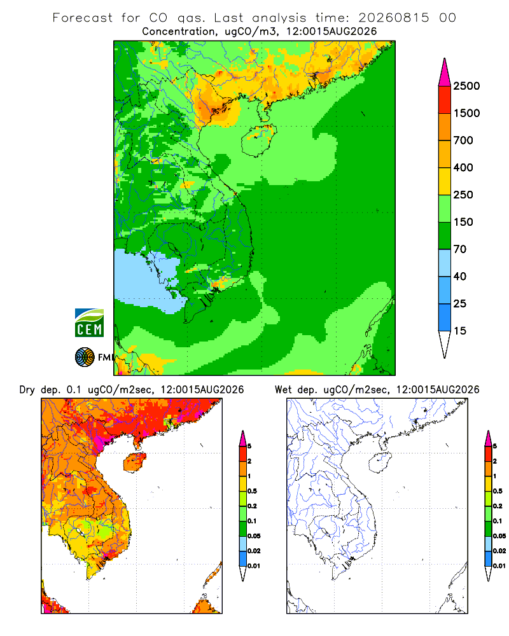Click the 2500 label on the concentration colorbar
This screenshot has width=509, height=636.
tap(466, 86)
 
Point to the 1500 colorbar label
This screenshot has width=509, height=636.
tap(466, 113)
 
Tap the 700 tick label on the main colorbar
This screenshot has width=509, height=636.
tap(463, 141)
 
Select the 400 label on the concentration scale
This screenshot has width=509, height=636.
tap(463, 167)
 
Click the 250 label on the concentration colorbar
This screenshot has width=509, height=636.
tap(463, 195)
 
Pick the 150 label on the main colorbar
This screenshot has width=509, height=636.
tap(463, 222)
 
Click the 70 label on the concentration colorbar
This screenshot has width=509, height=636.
tap(460, 249)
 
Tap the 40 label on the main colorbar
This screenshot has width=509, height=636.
tap(460, 276)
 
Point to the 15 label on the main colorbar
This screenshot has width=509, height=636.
tap(460, 331)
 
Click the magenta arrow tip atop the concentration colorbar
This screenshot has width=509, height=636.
tap(445, 59)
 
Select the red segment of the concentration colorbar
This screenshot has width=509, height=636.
tap(445, 100)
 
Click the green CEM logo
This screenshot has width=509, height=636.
tap(89, 323)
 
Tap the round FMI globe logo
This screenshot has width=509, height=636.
tap(85, 357)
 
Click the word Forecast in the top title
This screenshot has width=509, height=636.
tap(83, 18)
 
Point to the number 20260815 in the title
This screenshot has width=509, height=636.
tap(393, 18)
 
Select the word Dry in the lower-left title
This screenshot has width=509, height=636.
tap(27, 390)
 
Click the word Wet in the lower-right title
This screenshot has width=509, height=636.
tap(283, 390)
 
